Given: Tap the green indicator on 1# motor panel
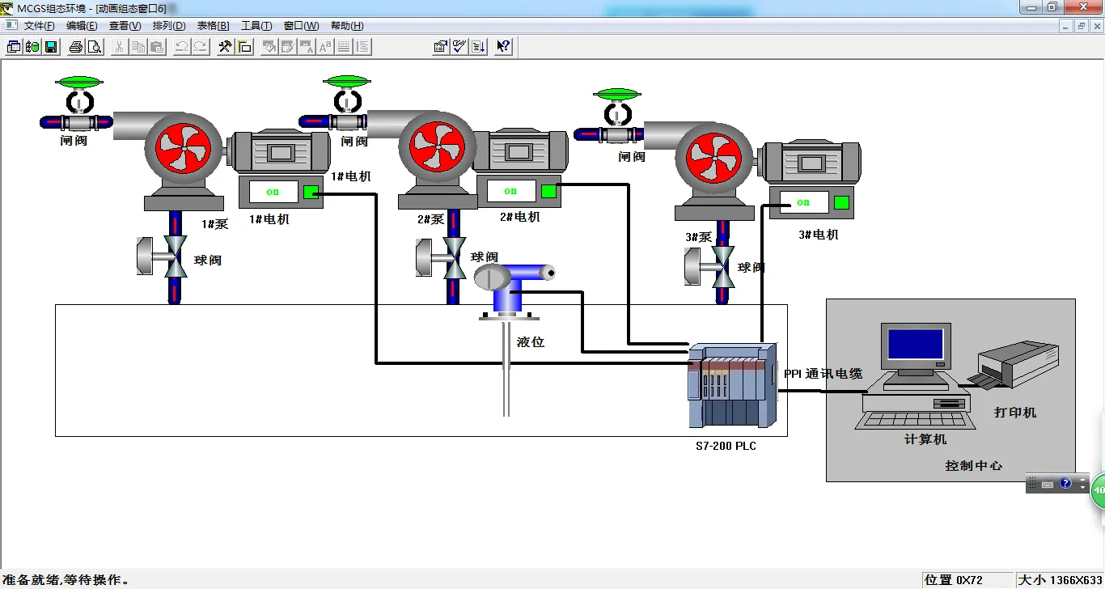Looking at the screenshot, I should (x=311, y=192).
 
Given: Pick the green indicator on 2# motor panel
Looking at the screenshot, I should (x=549, y=191).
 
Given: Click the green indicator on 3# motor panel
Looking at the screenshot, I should (x=841, y=202).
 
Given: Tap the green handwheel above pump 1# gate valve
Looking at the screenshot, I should (x=79, y=82).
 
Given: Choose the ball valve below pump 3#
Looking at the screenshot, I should (x=723, y=266).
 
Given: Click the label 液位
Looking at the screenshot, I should (x=531, y=342).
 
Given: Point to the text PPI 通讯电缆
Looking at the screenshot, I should (x=823, y=374).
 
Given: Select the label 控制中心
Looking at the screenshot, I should (x=973, y=466).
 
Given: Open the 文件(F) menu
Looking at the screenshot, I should (x=39, y=26).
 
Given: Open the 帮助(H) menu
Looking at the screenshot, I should (x=346, y=26).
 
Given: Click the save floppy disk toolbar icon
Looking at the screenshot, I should (x=51, y=47).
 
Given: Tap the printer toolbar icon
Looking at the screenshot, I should (x=76, y=47).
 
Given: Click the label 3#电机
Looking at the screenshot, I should (x=818, y=235).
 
